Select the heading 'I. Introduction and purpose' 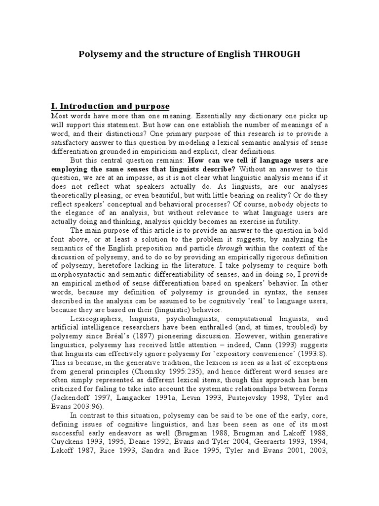pyautogui.click(x=111, y=106)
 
